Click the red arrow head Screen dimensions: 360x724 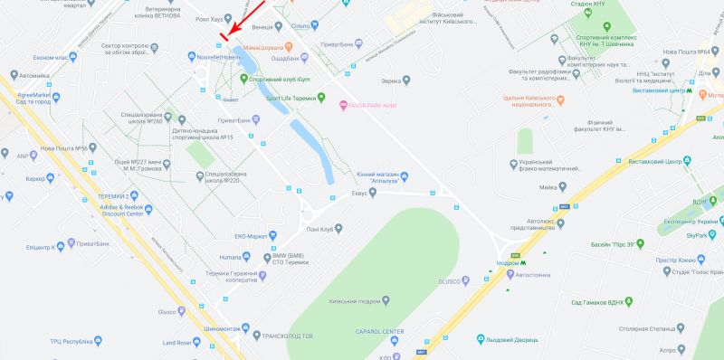(x=226, y=32)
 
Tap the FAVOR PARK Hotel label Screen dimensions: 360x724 (x=373, y=106)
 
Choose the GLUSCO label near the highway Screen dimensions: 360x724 (x=450, y=280)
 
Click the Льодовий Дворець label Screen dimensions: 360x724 (x=520, y=340)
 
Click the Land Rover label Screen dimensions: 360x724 (x=182, y=343)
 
